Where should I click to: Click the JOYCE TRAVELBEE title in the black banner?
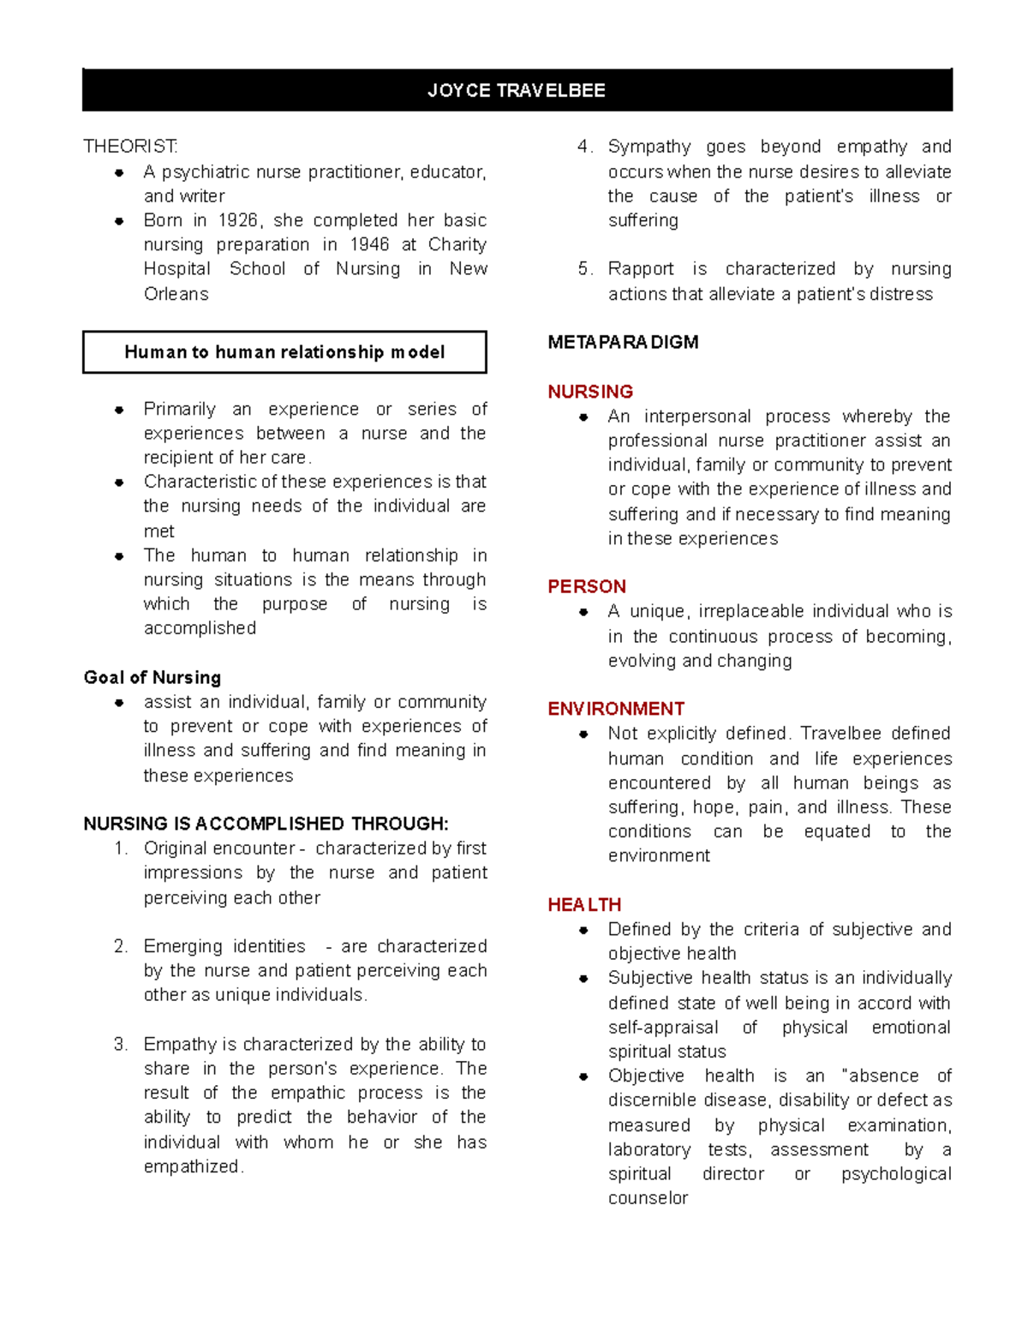[x=517, y=91]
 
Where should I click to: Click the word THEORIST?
[x=130, y=147]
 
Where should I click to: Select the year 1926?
[x=238, y=220]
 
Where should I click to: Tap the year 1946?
[x=369, y=244]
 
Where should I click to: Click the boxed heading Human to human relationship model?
[x=284, y=352]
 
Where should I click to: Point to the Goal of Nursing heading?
[x=152, y=677]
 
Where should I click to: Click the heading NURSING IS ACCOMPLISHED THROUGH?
[x=266, y=824]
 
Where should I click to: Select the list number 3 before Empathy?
[x=120, y=1044]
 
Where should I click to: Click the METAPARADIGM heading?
[x=623, y=342]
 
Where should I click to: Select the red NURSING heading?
[x=590, y=392]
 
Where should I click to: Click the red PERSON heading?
[x=587, y=586]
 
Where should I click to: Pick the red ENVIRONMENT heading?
[x=616, y=709]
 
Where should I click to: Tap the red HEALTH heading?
[x=584, y=905]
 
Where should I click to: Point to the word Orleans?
[x=176, y=294]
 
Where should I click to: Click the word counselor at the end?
[x=648, y=1198]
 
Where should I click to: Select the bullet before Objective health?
[x=583, y=1076]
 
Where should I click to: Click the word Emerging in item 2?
[x=182, y=946]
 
